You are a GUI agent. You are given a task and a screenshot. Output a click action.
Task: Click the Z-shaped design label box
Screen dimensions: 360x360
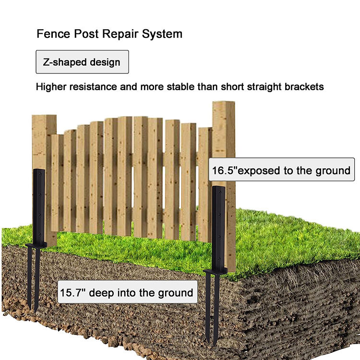[x=82, y=62]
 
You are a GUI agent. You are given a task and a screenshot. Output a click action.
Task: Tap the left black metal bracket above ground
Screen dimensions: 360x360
[x=39, y=206]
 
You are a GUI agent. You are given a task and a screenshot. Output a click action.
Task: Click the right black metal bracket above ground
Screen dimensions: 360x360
[x=218, y=226]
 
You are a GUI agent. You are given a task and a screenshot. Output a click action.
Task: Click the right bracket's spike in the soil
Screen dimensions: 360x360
[x=212, y=307]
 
